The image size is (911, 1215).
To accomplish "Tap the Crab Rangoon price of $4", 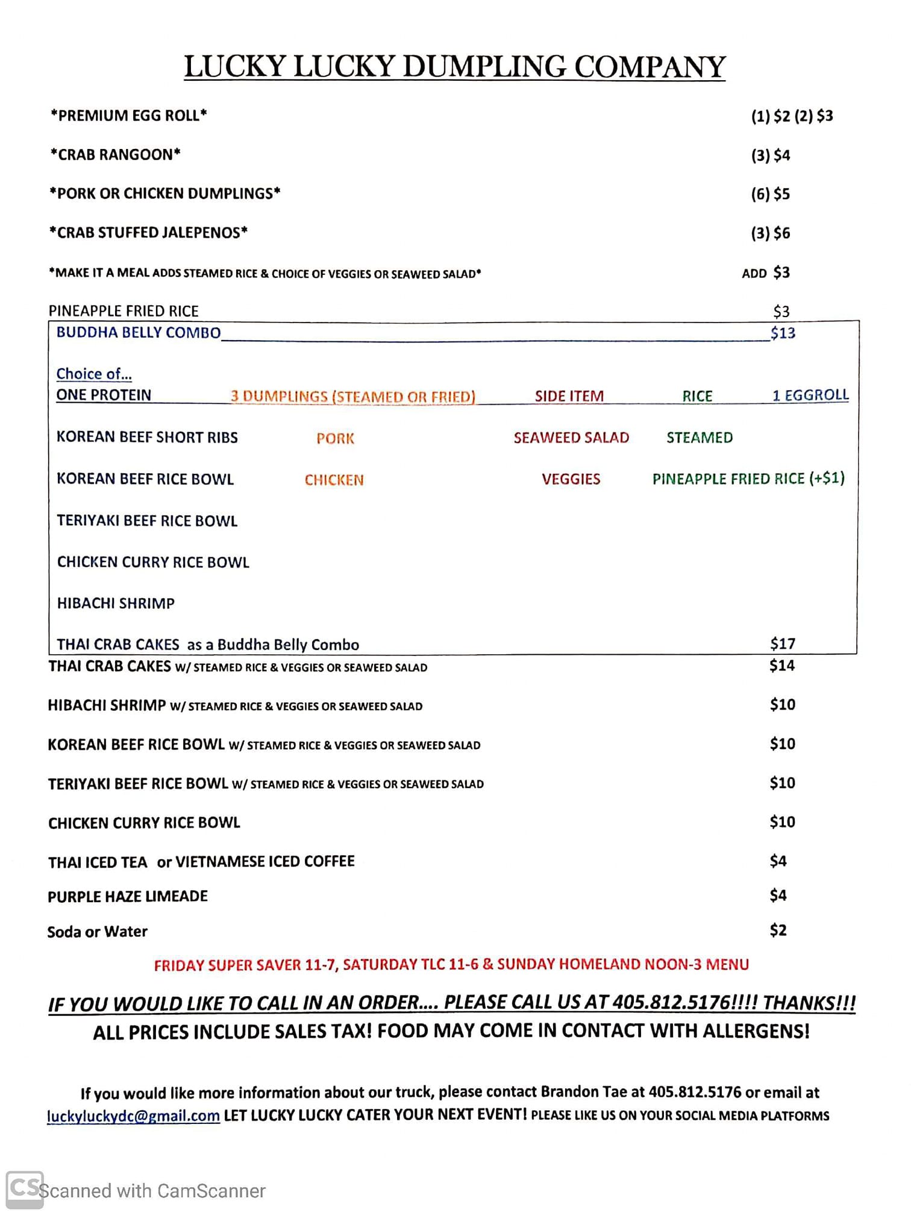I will [781, 156].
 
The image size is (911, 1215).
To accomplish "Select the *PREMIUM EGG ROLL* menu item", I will [129, 115].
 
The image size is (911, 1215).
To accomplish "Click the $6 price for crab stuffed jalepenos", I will [781, 233].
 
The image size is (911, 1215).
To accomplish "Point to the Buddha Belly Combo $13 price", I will [783, 333].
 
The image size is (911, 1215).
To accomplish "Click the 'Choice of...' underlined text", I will [94, 374].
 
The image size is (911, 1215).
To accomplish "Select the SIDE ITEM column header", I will [569, 396].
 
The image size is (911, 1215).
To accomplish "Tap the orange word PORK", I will [335, 438].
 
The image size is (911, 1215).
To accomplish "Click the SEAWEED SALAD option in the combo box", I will [571, 438].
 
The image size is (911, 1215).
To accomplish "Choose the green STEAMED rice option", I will [700, 438].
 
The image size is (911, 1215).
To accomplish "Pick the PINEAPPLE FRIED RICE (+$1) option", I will [748, 479].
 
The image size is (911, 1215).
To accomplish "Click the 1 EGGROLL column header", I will [810, 396].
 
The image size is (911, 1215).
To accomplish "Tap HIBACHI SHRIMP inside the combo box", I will [116, 604].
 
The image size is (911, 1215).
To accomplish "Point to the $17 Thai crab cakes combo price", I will [783, 644].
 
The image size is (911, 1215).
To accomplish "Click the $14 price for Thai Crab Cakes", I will [782, 666].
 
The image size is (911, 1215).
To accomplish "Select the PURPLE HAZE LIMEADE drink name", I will [128, 897].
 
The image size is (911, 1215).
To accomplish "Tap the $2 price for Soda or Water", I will [778, 930].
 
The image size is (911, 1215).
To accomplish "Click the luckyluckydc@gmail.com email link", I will [133, 1116].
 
